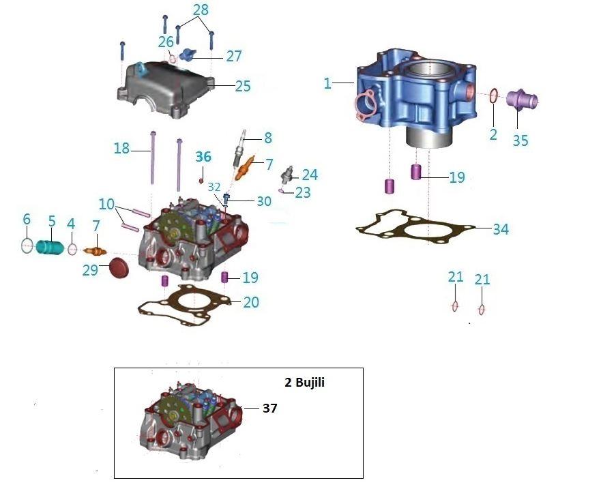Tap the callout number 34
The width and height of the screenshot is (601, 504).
[x=501, y=229]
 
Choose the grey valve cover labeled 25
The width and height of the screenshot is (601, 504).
[x=167, y=87]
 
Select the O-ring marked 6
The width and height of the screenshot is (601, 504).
[x=26, y=246]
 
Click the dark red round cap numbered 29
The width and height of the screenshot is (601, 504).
[x=119, y=268]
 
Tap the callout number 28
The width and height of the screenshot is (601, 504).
[x=201, y=10]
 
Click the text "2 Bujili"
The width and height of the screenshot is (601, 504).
[x=304, y=383]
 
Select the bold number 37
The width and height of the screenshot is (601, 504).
[x=269, y=408]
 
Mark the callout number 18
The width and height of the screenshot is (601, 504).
[x=121, y=148]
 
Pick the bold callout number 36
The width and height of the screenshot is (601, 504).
[x=203, y=157]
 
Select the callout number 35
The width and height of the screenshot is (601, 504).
[x=521, y=140]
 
